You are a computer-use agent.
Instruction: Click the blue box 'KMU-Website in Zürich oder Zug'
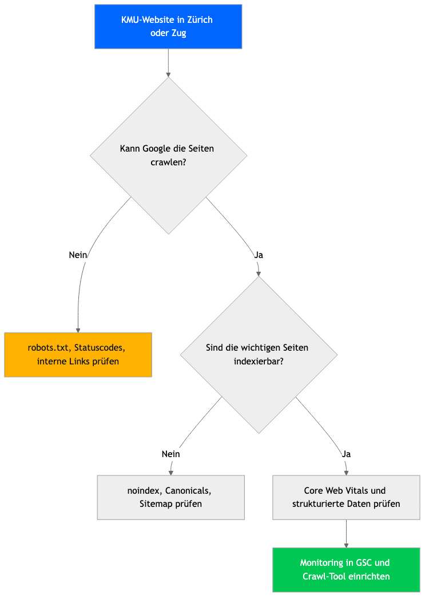point(168,26)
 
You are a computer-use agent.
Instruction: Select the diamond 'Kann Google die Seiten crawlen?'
point(168,156)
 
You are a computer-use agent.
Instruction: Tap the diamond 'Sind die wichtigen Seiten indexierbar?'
point(259,355)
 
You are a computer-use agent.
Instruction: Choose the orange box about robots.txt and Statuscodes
point(78,355)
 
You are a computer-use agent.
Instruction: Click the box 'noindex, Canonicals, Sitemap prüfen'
point(170,497)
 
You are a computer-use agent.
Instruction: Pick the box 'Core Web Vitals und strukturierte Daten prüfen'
point(346,497)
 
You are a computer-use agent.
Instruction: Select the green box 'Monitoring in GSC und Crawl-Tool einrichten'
point(346,570)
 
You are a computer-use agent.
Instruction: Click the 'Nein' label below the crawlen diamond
point(78,255)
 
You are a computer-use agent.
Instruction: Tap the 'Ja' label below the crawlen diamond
point(259,255)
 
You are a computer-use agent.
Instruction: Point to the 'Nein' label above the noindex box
point(170,454)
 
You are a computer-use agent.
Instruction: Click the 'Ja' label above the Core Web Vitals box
point(347,454)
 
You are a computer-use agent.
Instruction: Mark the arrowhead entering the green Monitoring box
point(347,545)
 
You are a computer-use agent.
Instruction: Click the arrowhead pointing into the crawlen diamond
point(168,75)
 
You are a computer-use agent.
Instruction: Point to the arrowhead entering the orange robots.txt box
point(78,330)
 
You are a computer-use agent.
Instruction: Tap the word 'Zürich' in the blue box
point(200,19)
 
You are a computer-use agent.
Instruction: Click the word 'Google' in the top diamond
point(157,149)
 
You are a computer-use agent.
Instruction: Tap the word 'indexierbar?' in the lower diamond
point(259,362)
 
